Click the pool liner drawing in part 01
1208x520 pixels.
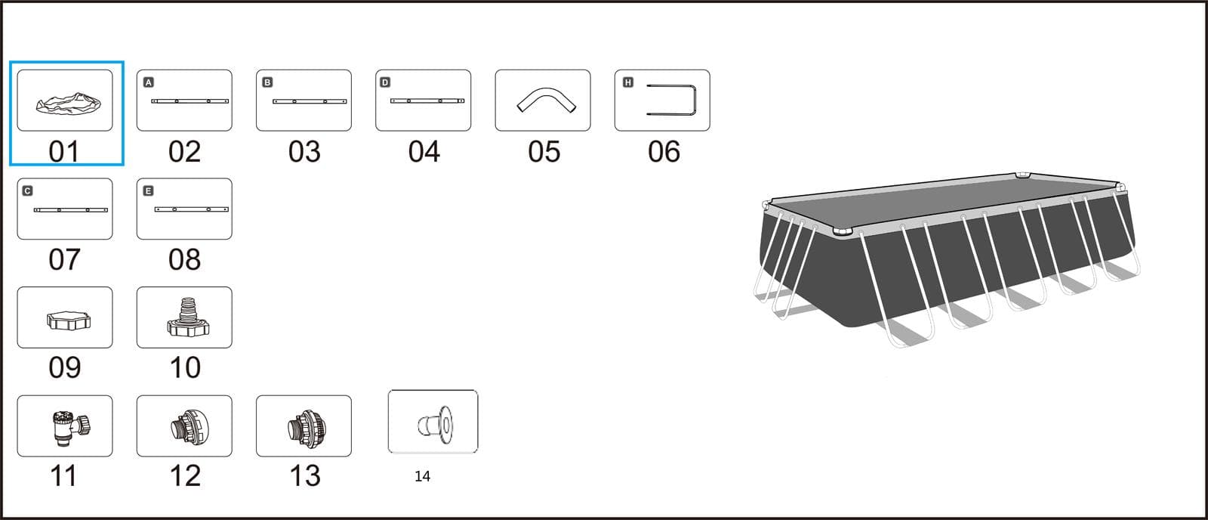coord(69,103)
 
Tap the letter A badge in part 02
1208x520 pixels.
coord(148,82)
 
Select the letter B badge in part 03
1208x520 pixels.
coord(267,82)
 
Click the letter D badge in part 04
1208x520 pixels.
coord(385,82)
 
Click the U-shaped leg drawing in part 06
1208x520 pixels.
coord(694,100)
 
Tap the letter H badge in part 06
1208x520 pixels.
coord(627,82)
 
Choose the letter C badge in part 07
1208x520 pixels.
coord(27,190)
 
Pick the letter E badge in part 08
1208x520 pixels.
coord(148,190)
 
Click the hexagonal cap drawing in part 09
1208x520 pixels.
coord(69,320)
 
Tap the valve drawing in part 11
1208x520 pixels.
coord(71,428)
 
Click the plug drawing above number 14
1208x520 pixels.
coord(436,425)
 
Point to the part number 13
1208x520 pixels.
coord(305,475)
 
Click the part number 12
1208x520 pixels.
coord(185,475)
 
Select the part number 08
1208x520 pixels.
coord(184,260)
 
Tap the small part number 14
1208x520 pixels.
coord(422,476)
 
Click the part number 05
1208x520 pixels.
coord(544,152)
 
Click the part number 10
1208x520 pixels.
coord(185,368)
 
